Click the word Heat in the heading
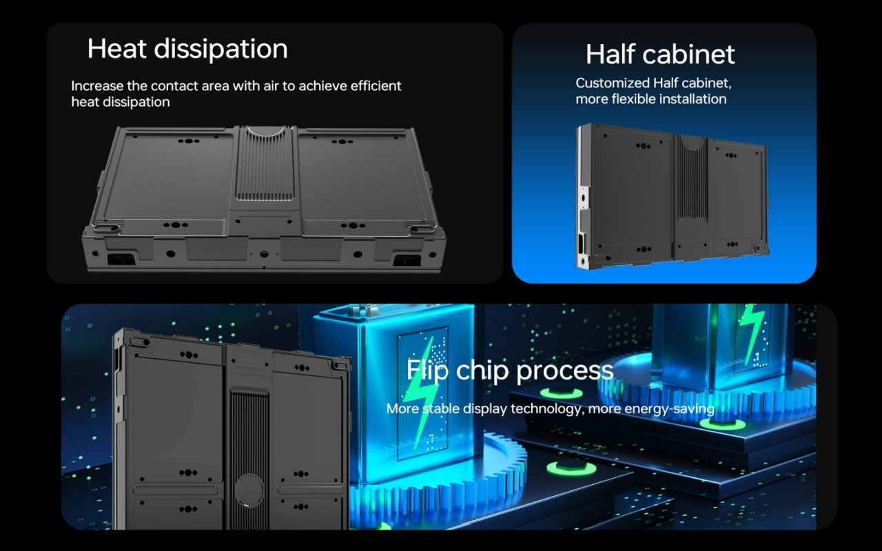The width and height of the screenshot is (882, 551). tap(117, 48)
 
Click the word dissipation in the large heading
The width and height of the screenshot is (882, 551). tap(221, 50)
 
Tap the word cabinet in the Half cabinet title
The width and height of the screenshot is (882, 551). tap(688, 54)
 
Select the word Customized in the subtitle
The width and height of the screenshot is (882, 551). tap(613, 83)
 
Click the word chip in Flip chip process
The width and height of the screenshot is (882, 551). tap(482, 371)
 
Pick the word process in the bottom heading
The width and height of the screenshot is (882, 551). tap(564, 371)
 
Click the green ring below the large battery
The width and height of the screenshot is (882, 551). tap(571, 469)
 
